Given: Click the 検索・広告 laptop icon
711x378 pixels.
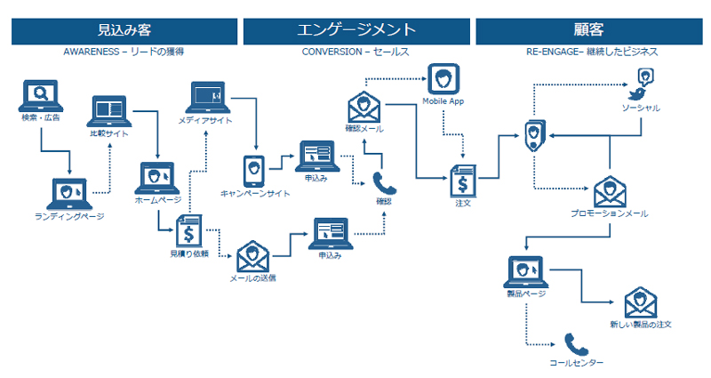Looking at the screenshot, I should tap(39, 96).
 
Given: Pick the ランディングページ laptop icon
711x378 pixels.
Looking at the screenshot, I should tap(68, 193).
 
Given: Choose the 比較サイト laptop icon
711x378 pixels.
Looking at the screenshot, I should tap(108, 114).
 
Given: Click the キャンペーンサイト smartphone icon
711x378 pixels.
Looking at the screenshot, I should tap(252, 169).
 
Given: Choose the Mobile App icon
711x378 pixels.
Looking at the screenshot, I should tap(443, 80).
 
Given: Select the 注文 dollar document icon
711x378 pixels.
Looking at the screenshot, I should tap(462, 181).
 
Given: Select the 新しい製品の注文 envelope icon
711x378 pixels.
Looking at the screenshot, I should tap(640, 302).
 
